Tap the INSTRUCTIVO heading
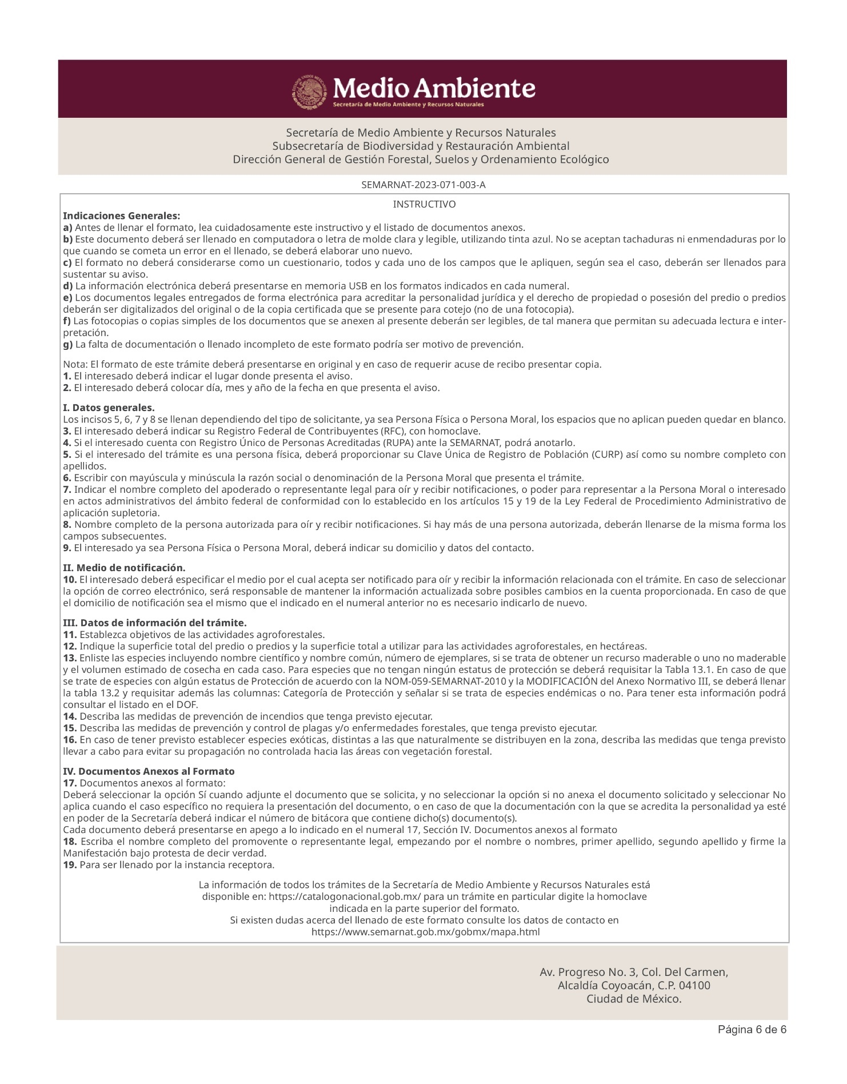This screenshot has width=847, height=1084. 424,205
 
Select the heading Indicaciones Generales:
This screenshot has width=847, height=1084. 121,216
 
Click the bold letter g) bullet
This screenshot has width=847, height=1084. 67,345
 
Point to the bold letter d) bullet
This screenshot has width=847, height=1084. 67,286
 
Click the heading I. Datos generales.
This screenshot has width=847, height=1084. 109,408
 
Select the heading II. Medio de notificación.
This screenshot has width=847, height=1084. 124,568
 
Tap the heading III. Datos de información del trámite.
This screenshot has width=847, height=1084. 154,623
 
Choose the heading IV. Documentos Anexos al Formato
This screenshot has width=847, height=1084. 149,772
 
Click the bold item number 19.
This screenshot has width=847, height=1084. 70,865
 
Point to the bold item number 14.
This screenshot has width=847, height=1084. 70,717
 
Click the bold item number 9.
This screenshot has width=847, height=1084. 67,548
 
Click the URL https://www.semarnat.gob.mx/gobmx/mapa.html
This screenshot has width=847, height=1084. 425,932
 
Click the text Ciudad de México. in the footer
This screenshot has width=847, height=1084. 634,999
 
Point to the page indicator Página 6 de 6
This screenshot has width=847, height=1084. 752,1030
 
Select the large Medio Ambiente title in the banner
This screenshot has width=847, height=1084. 434,89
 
